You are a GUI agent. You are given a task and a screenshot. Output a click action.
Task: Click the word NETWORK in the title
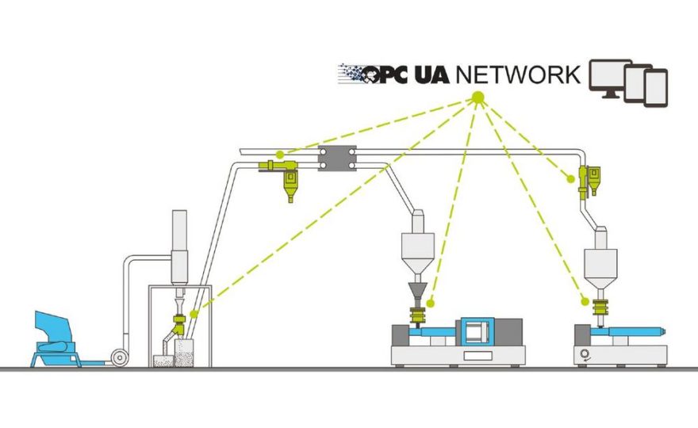[518, 75]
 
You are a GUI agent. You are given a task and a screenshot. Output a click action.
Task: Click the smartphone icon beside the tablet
[656, 88]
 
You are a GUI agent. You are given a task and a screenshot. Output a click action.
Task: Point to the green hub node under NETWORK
[477, 97]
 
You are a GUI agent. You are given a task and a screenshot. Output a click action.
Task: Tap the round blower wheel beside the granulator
[120, 357]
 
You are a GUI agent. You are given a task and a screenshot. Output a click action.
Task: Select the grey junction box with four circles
[337, 159]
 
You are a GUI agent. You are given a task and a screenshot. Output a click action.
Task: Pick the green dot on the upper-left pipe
[279, 155]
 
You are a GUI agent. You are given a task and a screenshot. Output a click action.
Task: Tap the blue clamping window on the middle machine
[477, 331]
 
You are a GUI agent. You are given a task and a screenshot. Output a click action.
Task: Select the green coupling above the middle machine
[418, 315]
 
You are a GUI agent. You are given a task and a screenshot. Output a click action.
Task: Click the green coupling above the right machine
[600, 307]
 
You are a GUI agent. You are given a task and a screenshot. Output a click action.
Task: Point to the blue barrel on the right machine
[628, 331]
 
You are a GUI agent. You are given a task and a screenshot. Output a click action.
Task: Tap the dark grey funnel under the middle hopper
[418, 292]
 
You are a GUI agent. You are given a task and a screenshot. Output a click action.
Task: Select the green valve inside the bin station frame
[179, 324]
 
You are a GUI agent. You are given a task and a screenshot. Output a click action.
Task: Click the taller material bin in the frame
[184, 353]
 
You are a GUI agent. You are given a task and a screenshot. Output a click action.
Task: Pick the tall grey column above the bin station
[179, 246]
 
